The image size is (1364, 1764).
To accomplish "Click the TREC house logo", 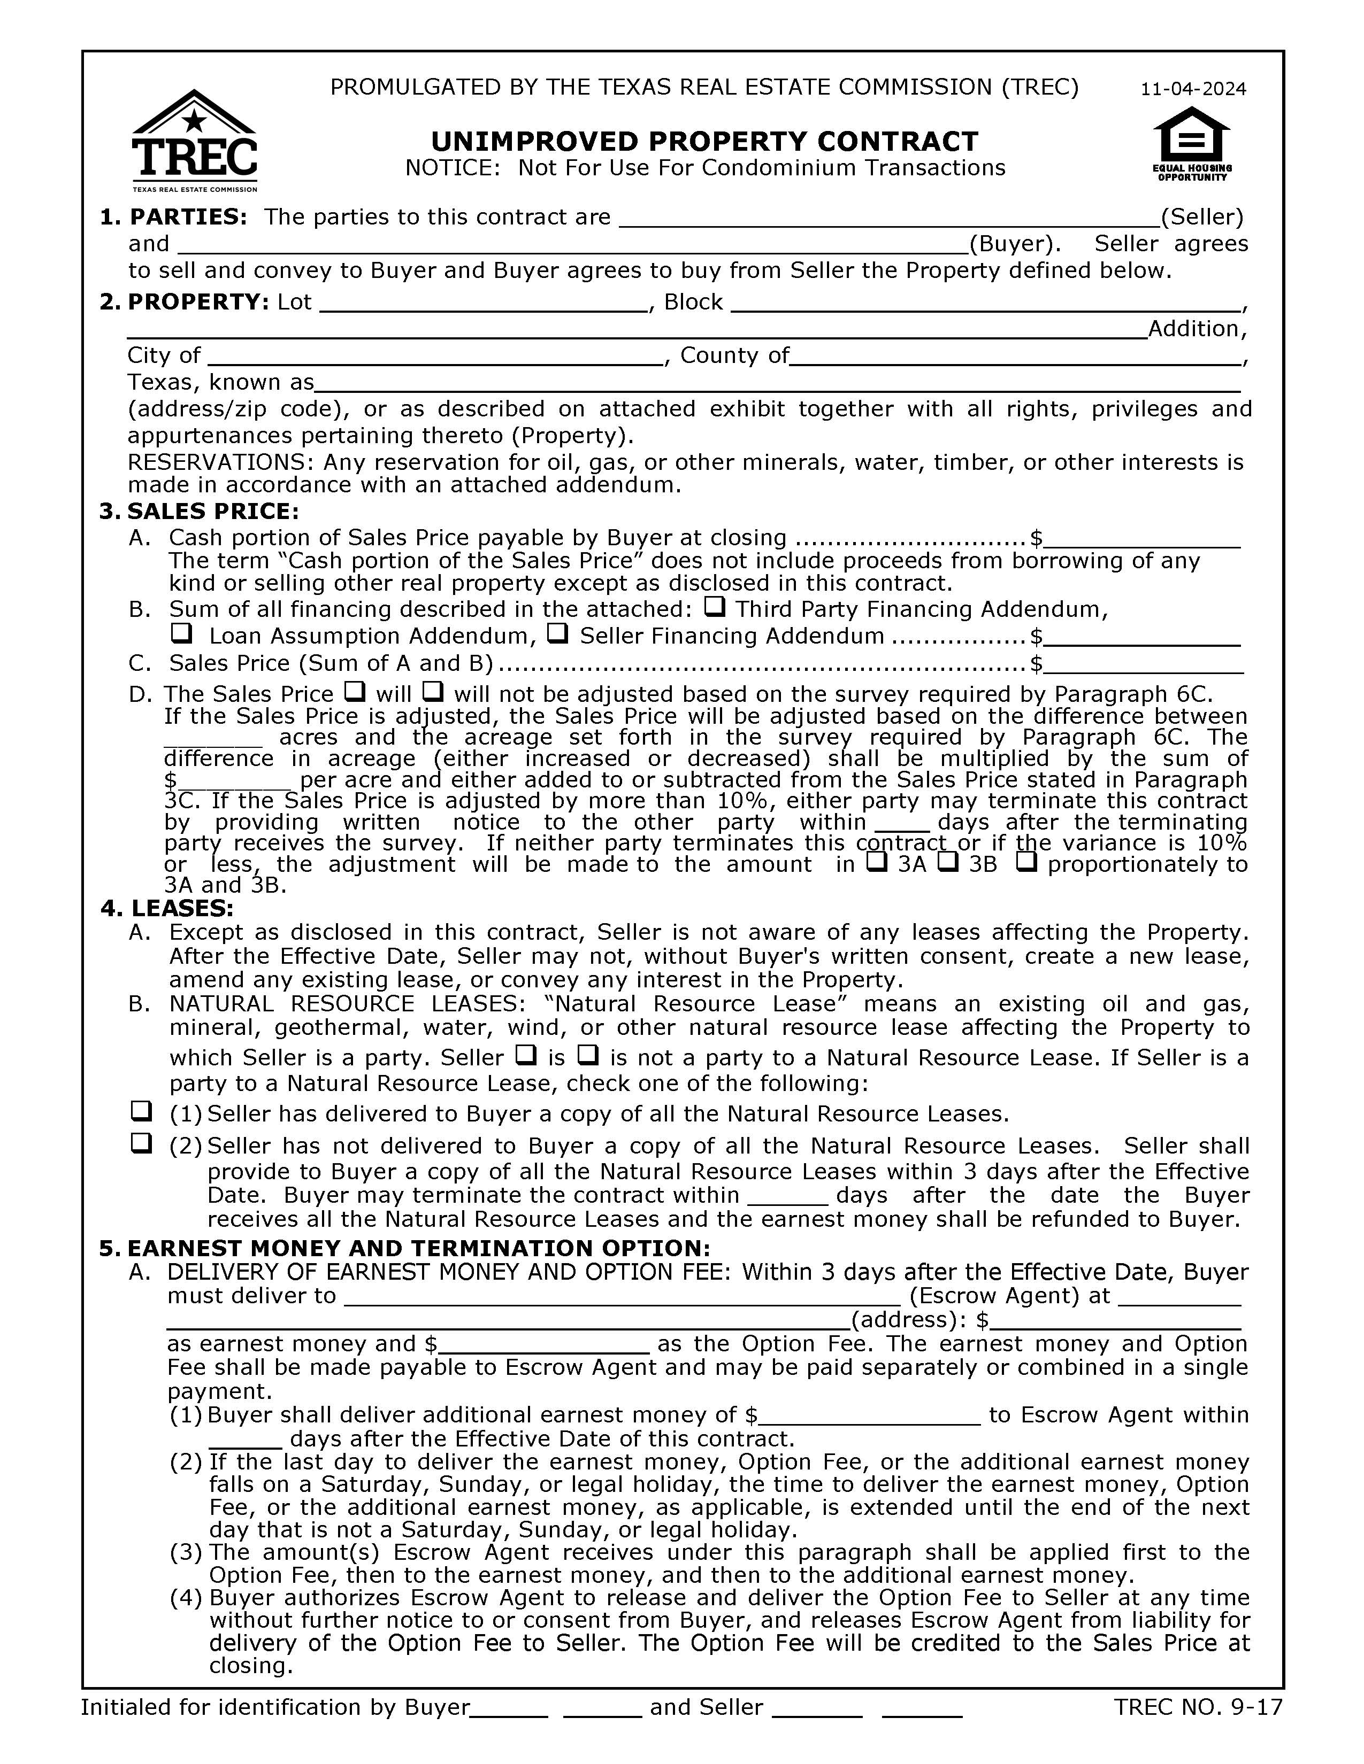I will pyautogui.click(x=194, y=139).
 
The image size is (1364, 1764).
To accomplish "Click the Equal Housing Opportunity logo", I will pyautogui.click(x=1191, y=144).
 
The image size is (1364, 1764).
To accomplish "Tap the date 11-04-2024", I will pyautogui.click(x=1193, y=89).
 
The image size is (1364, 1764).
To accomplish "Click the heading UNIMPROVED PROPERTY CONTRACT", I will pyautogui.click(x=704, y=141).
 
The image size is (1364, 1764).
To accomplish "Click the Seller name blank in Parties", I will pyautogui.click(x=889, y=218).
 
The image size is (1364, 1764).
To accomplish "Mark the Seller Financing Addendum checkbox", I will pyautogui.click(x=557, y=633).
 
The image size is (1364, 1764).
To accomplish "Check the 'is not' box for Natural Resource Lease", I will pyautogui.click(x=589, y=1055).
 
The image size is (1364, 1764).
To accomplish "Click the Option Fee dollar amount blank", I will pyautogui.click(x=543, y=1344).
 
